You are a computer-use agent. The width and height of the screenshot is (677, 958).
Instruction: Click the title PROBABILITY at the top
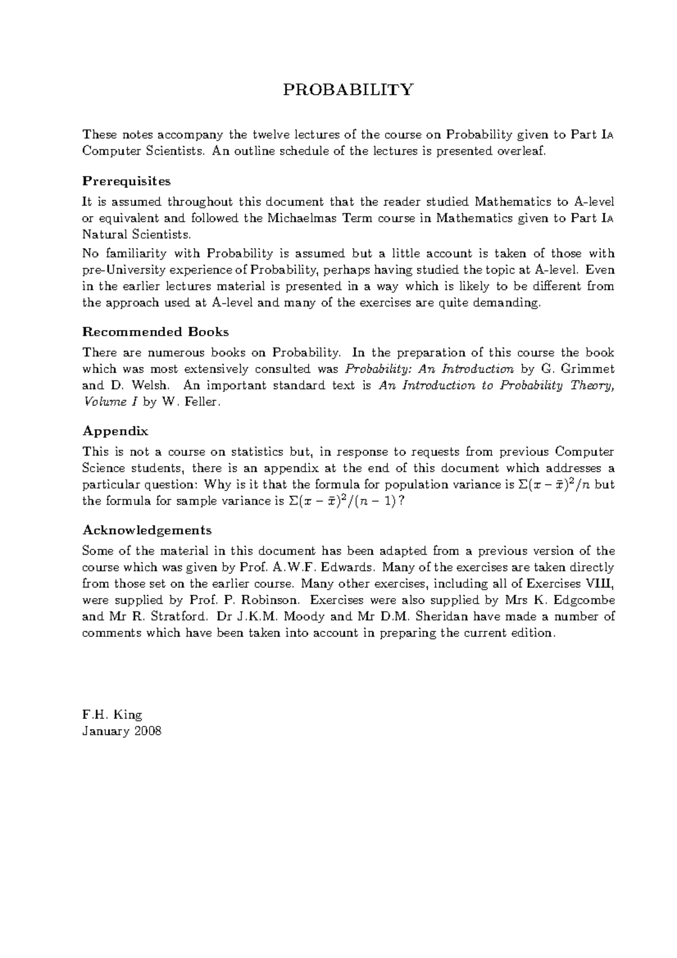point(348,90)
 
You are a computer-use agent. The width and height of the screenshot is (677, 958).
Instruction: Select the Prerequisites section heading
point(126,181)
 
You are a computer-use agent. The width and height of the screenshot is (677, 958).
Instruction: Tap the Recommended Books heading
point(155,332)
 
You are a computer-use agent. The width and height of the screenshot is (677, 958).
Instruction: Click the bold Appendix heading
point(115,431)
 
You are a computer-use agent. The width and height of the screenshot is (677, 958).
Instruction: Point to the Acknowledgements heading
point(147,530)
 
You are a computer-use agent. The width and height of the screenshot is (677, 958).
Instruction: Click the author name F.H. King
point(112,715)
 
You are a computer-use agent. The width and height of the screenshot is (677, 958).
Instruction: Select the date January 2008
point(122,731)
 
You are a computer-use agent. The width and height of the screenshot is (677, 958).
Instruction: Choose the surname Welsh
point(150,386)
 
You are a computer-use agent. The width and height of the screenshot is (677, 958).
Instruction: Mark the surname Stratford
point(174,617)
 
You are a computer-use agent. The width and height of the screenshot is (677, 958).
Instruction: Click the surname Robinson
point(265,600)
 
